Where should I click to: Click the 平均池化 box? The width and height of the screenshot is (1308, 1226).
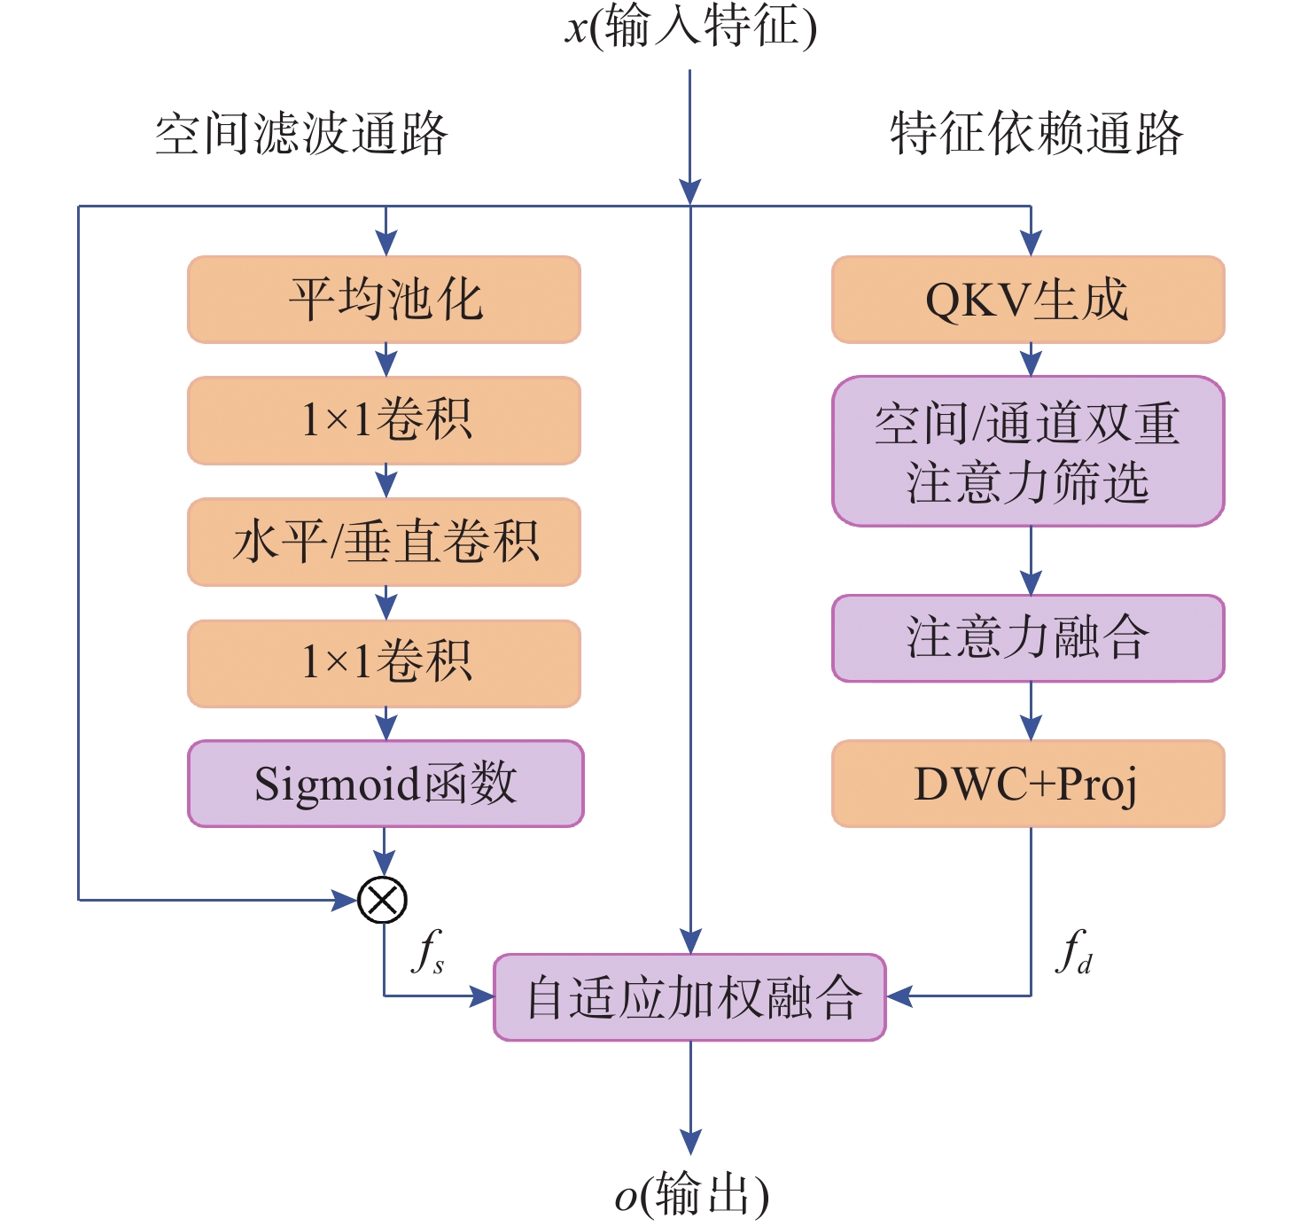click(x=384, y=300)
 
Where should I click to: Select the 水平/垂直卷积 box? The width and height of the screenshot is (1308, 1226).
click(x=384, y=542)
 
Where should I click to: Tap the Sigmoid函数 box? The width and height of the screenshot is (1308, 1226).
click(x=385, y=784)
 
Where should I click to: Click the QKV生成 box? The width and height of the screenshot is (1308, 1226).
click(x=1028, y=300)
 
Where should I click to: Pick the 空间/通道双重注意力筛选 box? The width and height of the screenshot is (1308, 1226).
click(x=1028, y=451)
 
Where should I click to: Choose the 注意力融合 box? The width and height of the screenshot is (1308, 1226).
click(x=1028, y=638)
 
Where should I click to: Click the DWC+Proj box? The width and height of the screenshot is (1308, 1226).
click(x=1028, y=784)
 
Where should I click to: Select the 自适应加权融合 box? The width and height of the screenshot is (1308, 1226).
click(x=689, y=997)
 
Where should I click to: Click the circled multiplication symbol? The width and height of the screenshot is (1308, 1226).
click(x=383, y=900)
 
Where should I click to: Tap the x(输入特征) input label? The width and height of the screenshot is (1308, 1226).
click(x=690, y=27)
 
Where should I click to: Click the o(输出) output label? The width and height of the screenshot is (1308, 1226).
click(x=691, y=1195)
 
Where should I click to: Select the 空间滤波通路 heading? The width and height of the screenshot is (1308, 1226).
click(x=301, y=135)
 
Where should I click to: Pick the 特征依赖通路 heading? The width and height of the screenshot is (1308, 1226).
click(x=1036, y=135)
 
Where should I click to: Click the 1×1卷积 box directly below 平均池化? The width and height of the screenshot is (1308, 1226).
click(x=384, y=420)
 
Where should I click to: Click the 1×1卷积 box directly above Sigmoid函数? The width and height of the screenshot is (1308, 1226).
click(x=384, y=663)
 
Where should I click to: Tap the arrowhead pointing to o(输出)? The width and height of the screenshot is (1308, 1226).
click(x=690, y=1142)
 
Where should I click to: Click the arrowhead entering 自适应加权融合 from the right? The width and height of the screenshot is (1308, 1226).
click(x=899, y=996)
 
